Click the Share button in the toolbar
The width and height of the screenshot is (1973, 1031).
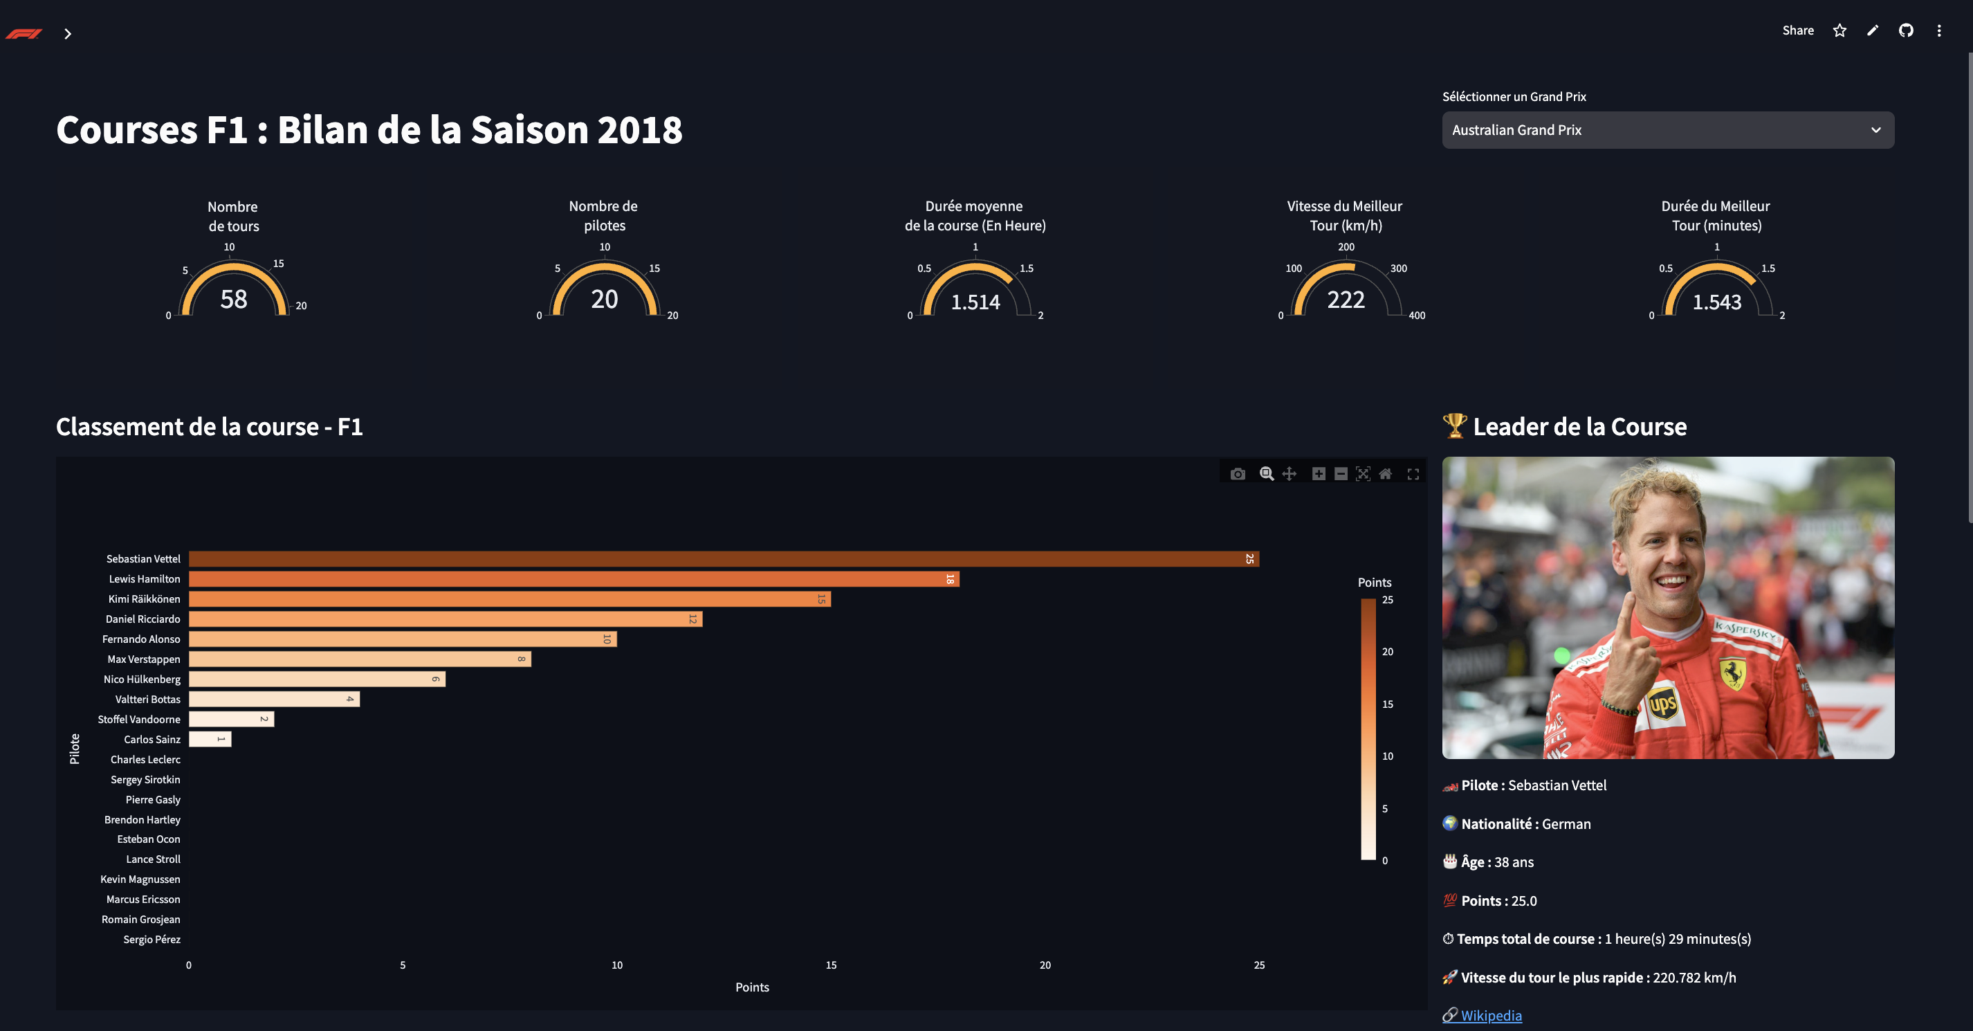1797,30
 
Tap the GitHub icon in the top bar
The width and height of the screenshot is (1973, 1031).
1906,30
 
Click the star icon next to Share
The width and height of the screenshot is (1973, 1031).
1839,30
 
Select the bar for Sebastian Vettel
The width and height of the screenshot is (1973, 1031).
723,559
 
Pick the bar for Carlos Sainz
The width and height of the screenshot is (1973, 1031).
209,739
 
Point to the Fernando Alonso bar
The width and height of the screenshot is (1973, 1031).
402,639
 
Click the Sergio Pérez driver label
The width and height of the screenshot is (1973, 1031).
152,939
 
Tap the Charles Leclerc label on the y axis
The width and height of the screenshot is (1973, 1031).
145,759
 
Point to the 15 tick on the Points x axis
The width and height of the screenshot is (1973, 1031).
830,965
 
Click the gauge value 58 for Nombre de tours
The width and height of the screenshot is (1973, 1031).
234,300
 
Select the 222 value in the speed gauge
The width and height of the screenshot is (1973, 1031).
1346,300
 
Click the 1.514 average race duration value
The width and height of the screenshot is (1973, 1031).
975,302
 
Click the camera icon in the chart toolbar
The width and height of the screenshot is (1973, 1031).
1237,474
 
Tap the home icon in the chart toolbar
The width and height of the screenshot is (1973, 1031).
1385,474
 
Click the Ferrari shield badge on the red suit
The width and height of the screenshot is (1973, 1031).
1732,673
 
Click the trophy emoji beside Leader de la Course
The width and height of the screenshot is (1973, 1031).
1453,426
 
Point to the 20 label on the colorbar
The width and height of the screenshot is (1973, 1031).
1387,652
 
